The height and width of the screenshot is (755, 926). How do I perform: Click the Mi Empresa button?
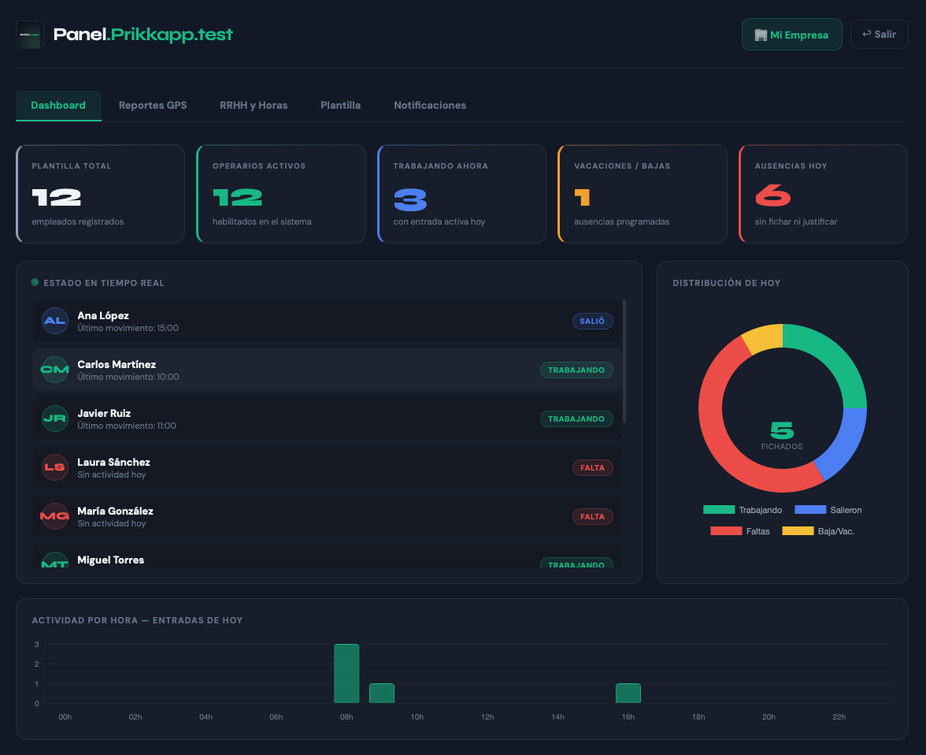point(791,35)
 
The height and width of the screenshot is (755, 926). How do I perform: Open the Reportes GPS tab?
point(153,105)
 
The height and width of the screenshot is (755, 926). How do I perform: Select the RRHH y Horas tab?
point(254,105)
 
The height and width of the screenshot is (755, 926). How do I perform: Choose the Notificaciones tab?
point(430,105)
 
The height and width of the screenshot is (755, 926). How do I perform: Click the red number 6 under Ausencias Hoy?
point(772,196)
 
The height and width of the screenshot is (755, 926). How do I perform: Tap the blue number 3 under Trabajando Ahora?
point(409,199)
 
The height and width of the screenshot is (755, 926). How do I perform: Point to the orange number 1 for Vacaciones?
point(582,197)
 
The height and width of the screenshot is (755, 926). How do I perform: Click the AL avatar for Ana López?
point(55,321)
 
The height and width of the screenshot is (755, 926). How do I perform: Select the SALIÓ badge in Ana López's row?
point(592,321)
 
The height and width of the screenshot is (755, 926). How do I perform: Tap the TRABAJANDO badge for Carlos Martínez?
point(576,370)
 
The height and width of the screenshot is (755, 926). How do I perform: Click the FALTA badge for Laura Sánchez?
point(592,467)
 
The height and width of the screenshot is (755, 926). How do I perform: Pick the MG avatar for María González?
point(55,516)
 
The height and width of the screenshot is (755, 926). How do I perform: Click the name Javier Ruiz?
point(104,413)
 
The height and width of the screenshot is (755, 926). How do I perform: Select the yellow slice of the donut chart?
point(762,338)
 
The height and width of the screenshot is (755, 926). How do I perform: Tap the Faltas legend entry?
point(739,531)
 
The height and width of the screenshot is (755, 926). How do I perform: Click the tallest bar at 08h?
point(346,673)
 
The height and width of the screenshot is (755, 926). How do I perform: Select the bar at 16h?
point(628,693)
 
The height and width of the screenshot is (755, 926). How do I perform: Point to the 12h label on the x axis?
point(487,717)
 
